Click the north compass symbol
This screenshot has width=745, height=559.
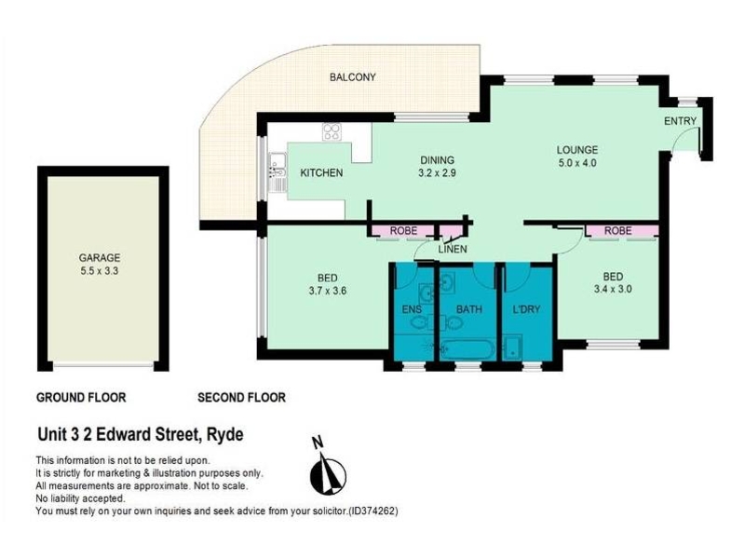click(328, 474)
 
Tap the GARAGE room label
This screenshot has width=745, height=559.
click(100, 258)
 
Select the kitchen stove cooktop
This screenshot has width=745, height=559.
click(332, 131)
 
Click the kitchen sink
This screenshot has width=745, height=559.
click(278, 171)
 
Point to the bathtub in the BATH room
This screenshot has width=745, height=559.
click(467, 350)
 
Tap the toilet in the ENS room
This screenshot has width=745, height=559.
click(420, 323)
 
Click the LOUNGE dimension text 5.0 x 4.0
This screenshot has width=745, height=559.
click(577, 163)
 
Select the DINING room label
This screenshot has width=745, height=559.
click(437, 160)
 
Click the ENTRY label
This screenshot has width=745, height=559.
click(680, 121)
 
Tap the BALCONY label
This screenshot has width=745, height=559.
click(353, 77)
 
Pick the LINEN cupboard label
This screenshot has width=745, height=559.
click(453, 249)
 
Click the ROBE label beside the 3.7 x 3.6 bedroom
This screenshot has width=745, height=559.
click(403, 230)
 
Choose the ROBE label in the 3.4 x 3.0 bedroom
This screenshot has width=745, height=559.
click(617, 230)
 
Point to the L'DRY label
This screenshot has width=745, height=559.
click(526, 309)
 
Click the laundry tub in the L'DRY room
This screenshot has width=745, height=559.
click(513, 348)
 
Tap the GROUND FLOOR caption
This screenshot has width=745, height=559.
click(81, 398)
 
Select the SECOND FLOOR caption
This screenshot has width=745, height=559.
click(241, 398)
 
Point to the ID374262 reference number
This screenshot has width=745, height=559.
click(372, 511)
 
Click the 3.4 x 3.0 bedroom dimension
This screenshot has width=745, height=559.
click(613, 289)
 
